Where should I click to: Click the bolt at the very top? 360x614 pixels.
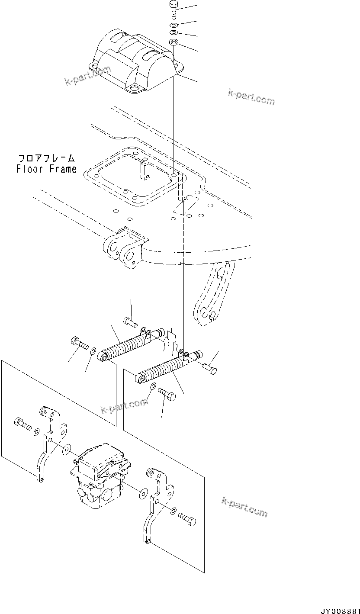point(173,9)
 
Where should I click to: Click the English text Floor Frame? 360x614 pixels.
point(46,169)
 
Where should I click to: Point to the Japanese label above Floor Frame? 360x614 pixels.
point(46,158)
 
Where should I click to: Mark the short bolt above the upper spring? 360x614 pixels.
point(130,321)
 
